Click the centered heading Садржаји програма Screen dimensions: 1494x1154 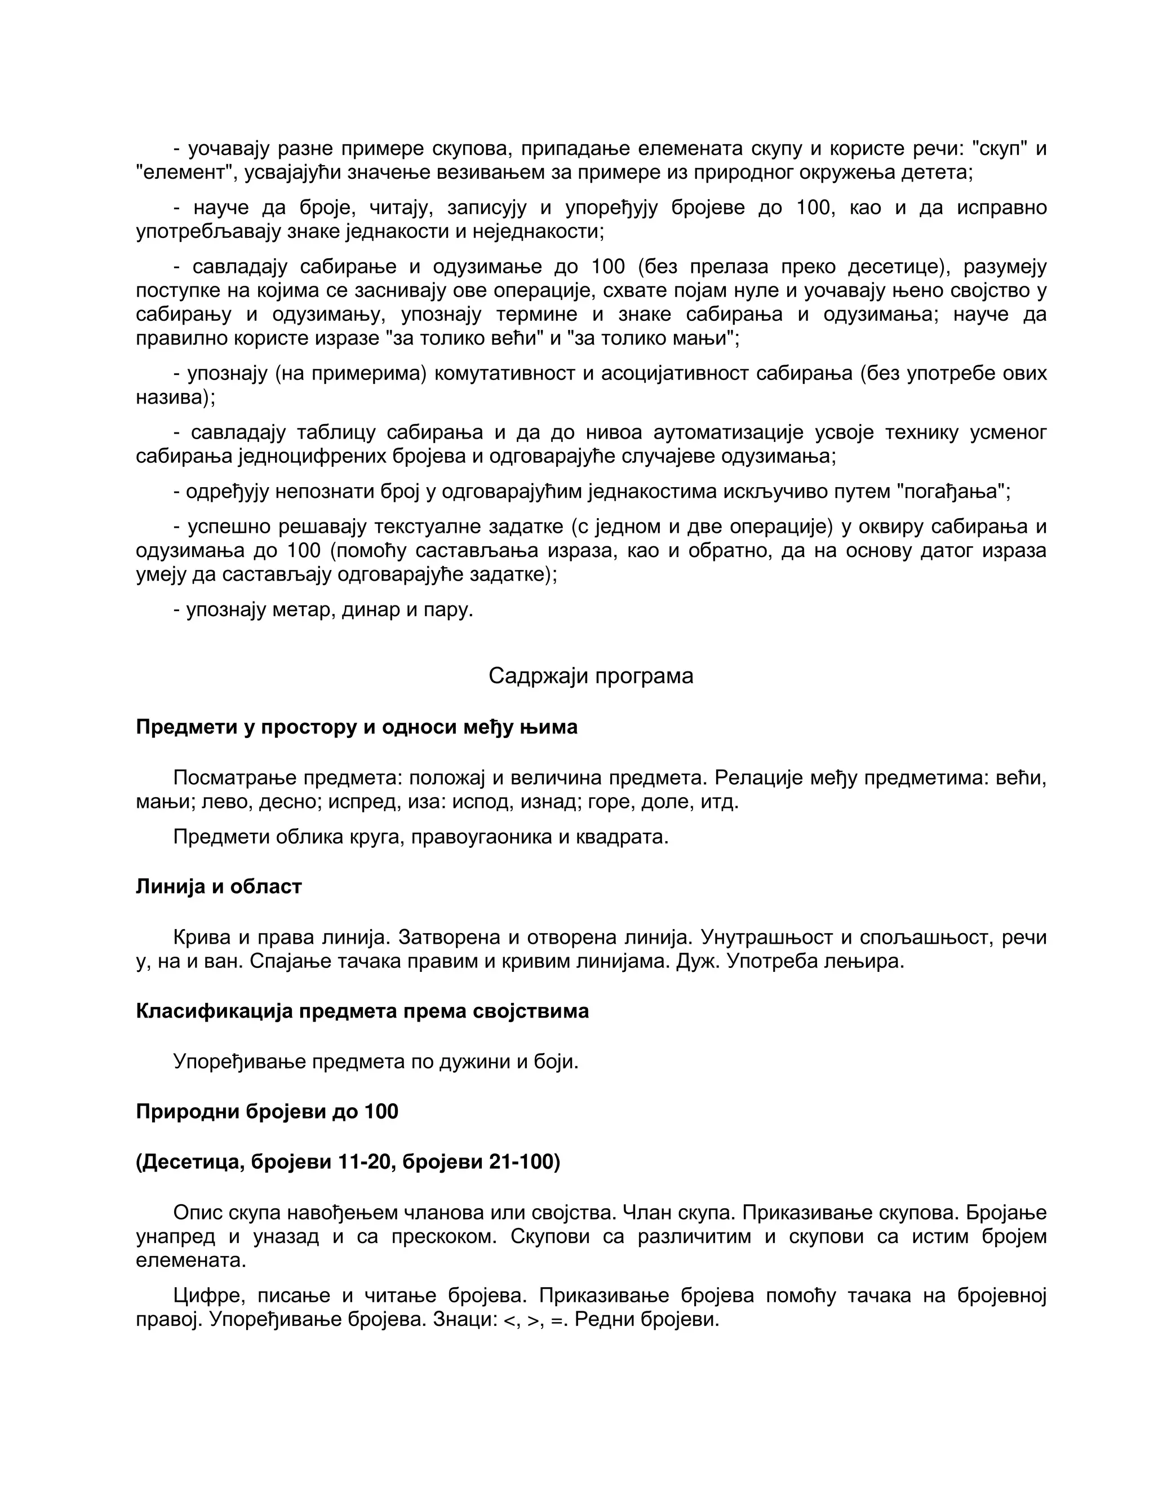[591, 677]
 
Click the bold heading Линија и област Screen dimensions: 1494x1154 [219, 887]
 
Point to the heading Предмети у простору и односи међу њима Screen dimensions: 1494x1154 [356, 727]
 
